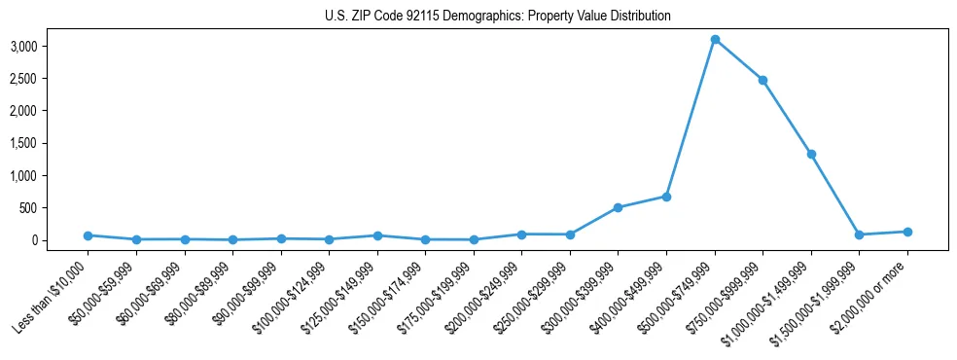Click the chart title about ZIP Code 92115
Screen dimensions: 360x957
[x=497, y=17]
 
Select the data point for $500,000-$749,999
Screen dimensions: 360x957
[x=715, y=40]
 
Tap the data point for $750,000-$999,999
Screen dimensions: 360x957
[x=763, y=80]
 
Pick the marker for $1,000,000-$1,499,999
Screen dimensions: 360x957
[x=811, y=154]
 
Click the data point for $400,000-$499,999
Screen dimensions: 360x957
[x=666, y=197]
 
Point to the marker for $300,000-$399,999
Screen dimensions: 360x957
[x=619, y=207]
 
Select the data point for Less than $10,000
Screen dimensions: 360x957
[x=88, y=235]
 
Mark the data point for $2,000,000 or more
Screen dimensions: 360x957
[x=907, y=232]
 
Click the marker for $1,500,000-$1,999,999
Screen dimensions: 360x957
[x=859, y=234]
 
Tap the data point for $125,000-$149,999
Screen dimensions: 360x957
[x=377, y=235]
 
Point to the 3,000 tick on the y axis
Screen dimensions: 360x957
[x=51, y=46]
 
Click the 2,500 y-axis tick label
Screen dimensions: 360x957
[x=51, y=78]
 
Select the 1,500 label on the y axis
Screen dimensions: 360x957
[x=51, y=143]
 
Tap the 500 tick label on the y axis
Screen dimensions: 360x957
[x=56, y=207]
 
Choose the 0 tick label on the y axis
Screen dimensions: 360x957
[x=61, y=240]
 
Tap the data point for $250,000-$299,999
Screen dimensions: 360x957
[x=570, y=234]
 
